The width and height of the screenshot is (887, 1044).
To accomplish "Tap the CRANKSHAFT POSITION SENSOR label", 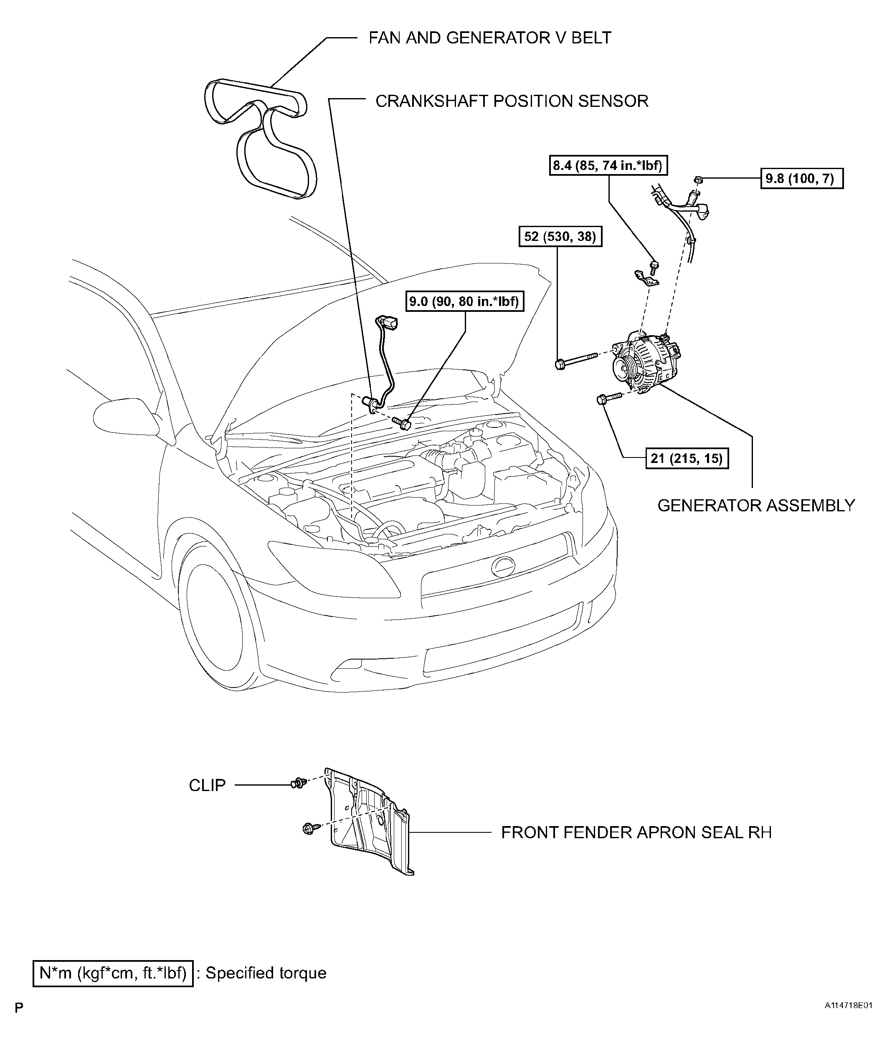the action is [x=512, y=101].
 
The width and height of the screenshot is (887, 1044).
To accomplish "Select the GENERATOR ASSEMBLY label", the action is [x=756, y=505].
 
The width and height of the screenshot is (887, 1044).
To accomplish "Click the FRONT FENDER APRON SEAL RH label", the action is [x=636, y=832].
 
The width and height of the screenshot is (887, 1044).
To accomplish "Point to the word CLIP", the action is [x=207, y=785].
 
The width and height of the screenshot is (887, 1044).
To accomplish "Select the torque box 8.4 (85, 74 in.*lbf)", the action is [x=608, y=165].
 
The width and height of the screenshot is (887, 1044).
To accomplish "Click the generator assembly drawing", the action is [x=646, y=361].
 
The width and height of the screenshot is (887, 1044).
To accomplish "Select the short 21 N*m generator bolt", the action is [x=609, y=399].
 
